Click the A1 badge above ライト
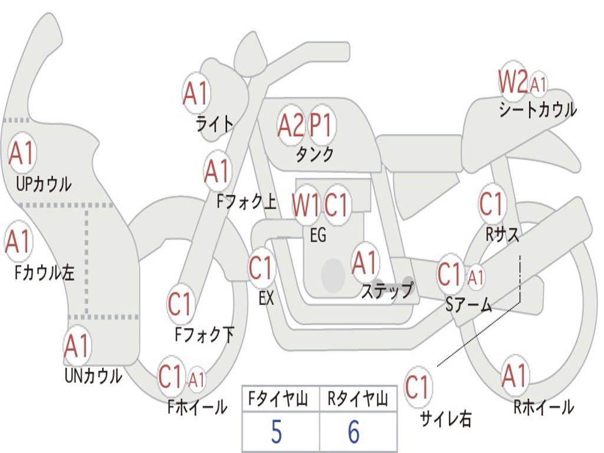[196, 93]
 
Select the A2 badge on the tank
[291, 125]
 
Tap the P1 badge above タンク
[321, 125]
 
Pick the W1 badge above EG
[306, 205]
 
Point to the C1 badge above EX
[262, 268]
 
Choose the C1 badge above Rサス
[491, 204]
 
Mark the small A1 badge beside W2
[538, 84]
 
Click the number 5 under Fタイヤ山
[276, 432]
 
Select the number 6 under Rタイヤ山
[354, 432]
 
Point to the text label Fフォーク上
[247, 202]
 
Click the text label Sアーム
[469, 305]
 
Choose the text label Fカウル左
[45, 273]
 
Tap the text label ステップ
[387, 291]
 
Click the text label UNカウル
[93, 375]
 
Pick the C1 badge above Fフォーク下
[180, 304]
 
